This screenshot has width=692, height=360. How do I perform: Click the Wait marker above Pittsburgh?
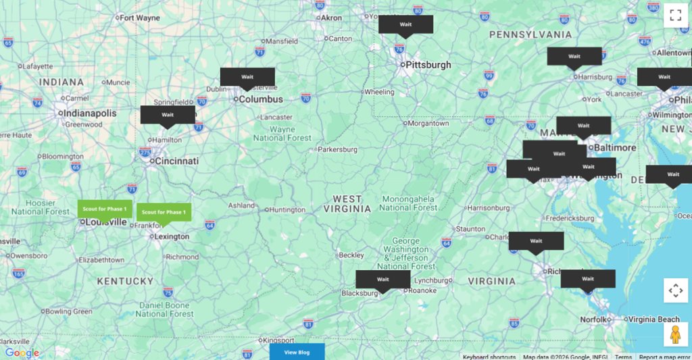[405, 24]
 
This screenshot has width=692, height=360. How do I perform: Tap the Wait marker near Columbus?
[247, 77]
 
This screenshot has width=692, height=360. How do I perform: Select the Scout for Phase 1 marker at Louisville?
[105, 209]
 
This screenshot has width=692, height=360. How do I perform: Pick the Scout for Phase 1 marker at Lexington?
[164, 212]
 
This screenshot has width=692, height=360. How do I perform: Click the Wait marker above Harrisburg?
[574, 57]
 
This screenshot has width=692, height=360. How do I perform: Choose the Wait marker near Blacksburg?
[383, 280]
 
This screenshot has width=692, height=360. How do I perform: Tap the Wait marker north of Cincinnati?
[168, 115]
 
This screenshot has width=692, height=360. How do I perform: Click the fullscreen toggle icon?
[675, 16]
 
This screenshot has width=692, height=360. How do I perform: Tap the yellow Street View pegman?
[675, 334]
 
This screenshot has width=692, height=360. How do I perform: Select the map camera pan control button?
[675, 290]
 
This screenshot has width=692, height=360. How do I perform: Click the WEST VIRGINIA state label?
[348, 203]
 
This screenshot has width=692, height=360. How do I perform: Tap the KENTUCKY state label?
[125, 281]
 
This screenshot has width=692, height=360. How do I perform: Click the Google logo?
[22, 353]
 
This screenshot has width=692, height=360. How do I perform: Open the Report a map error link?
[664, 357]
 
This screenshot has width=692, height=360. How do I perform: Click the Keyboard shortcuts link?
[489, 357]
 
